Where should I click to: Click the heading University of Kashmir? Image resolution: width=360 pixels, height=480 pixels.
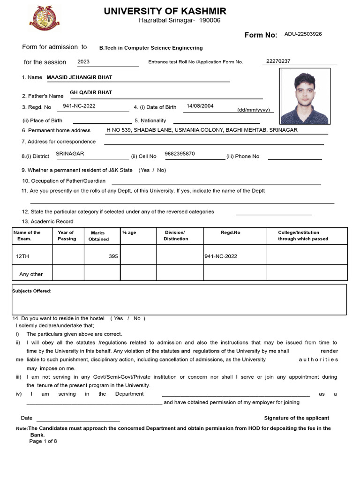165,11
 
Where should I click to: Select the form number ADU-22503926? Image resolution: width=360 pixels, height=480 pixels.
303,34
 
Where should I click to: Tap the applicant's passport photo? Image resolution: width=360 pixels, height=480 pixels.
304,96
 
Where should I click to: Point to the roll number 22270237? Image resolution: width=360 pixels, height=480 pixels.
278,61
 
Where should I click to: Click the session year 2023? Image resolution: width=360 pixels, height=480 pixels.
83,61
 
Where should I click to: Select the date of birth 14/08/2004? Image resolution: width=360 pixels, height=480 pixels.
200,106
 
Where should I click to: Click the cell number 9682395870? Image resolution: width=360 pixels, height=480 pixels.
180,154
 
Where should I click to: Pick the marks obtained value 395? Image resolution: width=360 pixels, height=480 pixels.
113,256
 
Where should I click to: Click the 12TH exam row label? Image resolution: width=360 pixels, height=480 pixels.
22,256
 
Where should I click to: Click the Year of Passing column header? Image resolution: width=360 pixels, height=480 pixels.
67,236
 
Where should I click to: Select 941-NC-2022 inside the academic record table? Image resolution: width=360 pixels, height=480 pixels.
221,256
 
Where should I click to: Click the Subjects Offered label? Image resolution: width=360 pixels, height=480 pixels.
32,291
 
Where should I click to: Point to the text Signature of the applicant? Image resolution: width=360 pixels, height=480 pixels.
296,418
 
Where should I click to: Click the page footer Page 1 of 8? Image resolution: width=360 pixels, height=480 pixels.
43,441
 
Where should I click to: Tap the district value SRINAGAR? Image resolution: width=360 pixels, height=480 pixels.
70,154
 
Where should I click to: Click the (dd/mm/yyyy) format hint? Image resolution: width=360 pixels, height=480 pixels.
254,110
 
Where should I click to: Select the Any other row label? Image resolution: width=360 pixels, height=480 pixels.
31,274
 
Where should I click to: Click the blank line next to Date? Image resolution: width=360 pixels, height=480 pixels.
78,419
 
